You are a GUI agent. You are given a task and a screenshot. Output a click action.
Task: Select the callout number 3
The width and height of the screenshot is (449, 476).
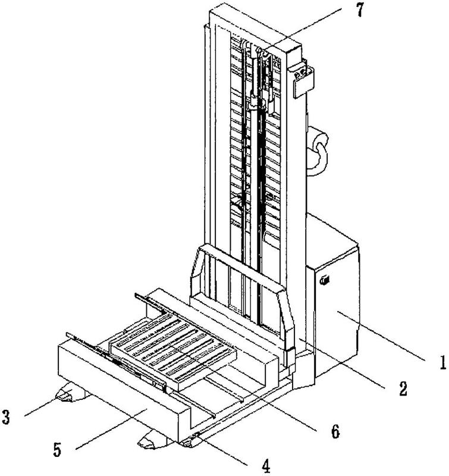point(6,417)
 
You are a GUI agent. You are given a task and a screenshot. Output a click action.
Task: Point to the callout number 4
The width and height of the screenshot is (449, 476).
point(266,466)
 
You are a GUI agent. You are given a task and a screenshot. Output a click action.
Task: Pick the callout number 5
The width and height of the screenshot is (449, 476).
point(57,450)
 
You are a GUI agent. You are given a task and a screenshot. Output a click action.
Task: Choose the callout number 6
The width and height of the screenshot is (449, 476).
point(335,431)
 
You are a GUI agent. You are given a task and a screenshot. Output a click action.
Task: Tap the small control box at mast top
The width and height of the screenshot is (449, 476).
point(303,79)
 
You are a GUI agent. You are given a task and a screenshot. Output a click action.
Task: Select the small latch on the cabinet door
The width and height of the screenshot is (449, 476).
point(325,280)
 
